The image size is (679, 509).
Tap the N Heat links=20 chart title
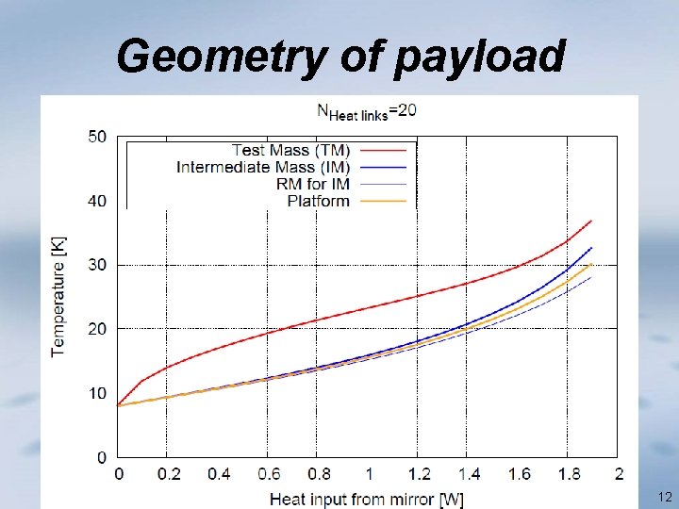[x=366, y=111]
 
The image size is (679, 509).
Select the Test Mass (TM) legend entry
[x=290, y=150]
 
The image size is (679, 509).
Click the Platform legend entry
[x=318, y=200]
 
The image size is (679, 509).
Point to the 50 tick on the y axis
[x=97, y=137]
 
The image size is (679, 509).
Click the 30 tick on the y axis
[x=97, y=265]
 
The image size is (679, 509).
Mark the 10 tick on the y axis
[x=97, y=393]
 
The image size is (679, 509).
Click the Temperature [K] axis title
[x=58, y=296]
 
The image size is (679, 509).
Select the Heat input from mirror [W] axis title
[x=367, y=497]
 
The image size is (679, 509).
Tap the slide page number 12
[x=665, y=497]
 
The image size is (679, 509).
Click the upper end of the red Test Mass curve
[x=591, y=221]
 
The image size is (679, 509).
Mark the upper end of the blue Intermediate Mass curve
[x=591, y=248]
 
